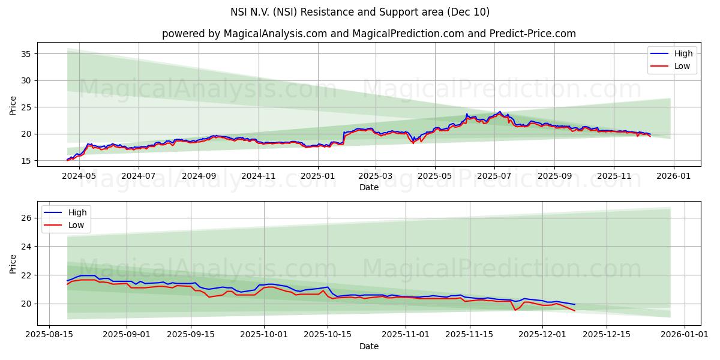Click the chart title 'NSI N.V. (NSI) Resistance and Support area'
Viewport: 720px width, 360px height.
click(359, 12)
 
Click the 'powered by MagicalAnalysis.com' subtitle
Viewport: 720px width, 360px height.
click(368, 34)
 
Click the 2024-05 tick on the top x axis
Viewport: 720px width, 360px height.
click(79, 177)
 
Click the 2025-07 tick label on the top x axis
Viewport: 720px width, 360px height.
click(494, 177)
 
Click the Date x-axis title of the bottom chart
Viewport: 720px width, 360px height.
click(368, 346)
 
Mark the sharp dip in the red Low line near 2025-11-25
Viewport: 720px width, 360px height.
click(515, 310)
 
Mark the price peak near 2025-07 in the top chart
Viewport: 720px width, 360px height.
click(500, 112)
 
